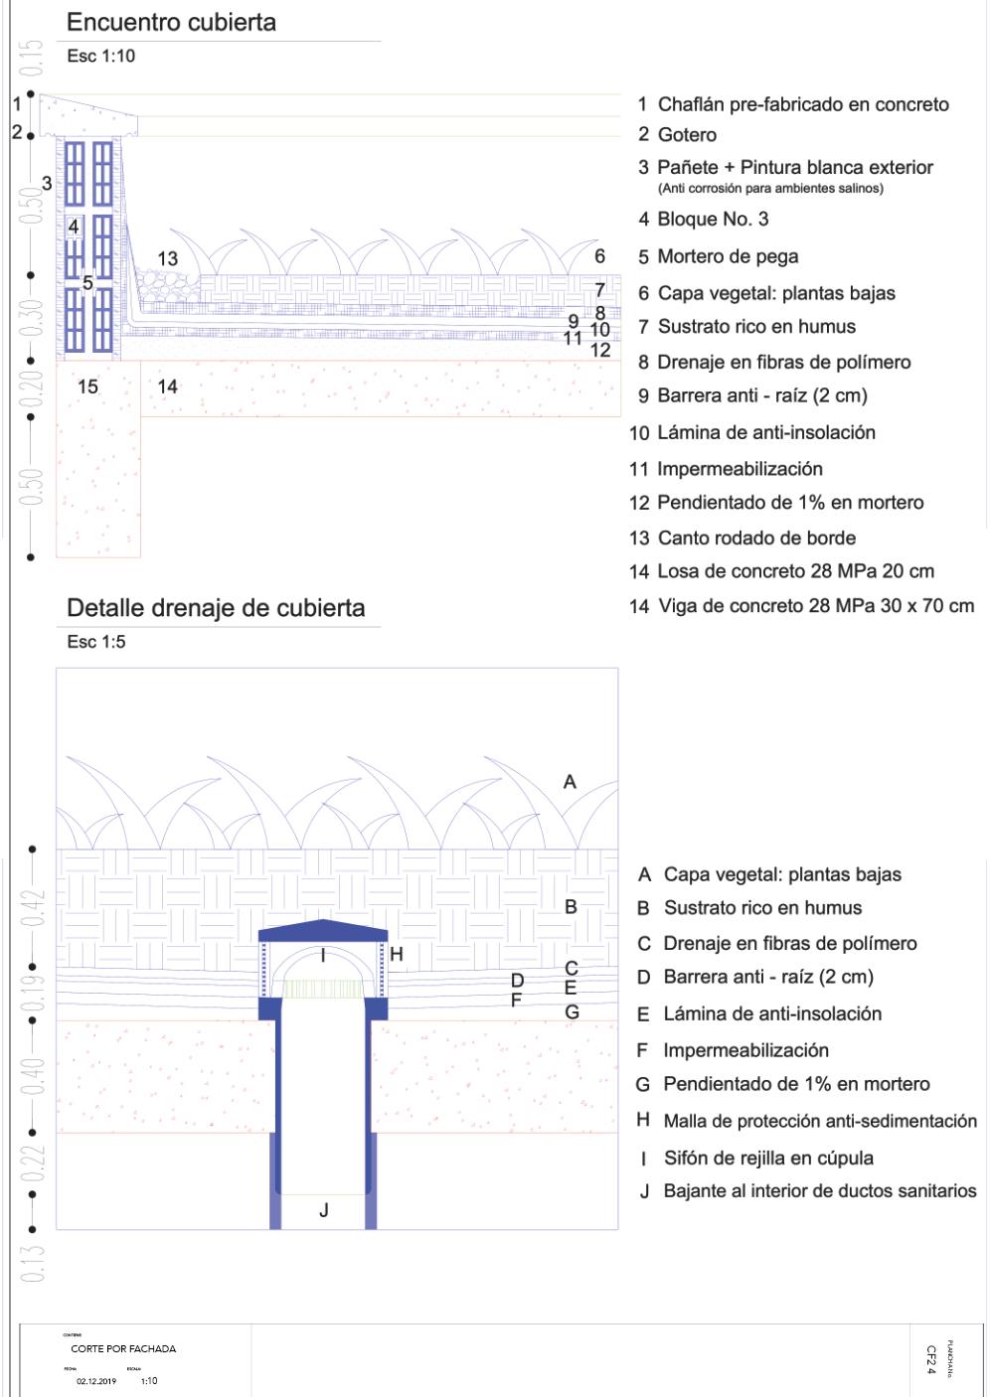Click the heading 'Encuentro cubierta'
171,23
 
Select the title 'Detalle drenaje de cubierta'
216,608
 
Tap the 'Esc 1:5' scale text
96,642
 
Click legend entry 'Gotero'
687,135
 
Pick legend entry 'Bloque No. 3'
713,220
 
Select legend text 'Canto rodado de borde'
756,539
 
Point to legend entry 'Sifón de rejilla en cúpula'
768,1159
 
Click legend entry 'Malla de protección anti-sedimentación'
820,1122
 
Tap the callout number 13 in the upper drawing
167,259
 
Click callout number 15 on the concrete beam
87,387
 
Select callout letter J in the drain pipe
324,1210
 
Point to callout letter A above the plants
570,783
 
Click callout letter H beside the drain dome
397,955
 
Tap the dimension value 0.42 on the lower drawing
33,907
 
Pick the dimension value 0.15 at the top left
33,59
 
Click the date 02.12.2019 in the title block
96,1381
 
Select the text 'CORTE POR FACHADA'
123,1349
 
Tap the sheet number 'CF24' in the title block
931,1359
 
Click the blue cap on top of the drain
323,931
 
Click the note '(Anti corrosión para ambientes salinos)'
770,189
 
